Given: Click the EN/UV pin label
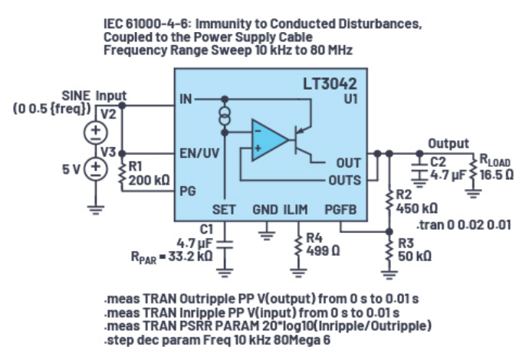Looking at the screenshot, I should click(x=199, y=152).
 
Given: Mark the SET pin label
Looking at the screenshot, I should click(x=224, y=209).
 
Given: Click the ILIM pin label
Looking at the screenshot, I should click(x=297, y=209).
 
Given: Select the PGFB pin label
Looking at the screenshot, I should click(x=340, y=209).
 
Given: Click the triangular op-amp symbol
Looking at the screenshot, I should click(x=269, y=139).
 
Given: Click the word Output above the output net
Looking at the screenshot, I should click(x=449, y=143).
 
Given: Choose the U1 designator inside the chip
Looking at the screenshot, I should click(x=349, y=99).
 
